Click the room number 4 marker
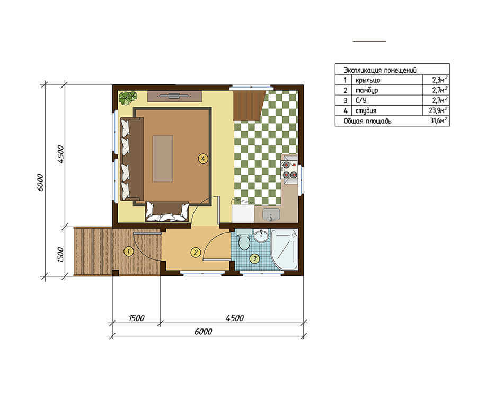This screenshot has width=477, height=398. tap(203, 158)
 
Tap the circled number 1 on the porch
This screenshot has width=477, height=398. tap(129, 251)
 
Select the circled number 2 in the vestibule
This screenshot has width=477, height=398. tap(195, 252)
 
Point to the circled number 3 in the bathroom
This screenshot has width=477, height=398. tap(254, 259)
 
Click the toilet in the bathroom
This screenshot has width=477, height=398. tap(244, 240)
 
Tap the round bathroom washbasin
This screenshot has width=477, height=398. tap(261, 236)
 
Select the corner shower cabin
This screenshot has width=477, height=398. tap(284, 249)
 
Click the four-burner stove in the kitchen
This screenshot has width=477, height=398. tap(289, 170)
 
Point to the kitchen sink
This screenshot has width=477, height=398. tap(271, 214)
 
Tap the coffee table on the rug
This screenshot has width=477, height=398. tap(163, 159)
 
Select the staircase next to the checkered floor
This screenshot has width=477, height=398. tap(249, 106)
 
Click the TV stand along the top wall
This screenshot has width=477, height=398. tap(174, 96)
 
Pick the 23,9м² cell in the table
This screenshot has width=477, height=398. tap(439, 110)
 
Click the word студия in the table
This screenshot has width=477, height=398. tap(366, 110)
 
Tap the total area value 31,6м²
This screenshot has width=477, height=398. tap(438, 120)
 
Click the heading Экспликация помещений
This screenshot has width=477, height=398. tap(380, 70)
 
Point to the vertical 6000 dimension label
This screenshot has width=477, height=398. tap(40, 183)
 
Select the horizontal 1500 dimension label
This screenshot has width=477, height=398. tap(137, 318)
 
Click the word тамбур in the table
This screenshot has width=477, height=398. tap(367, 90)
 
